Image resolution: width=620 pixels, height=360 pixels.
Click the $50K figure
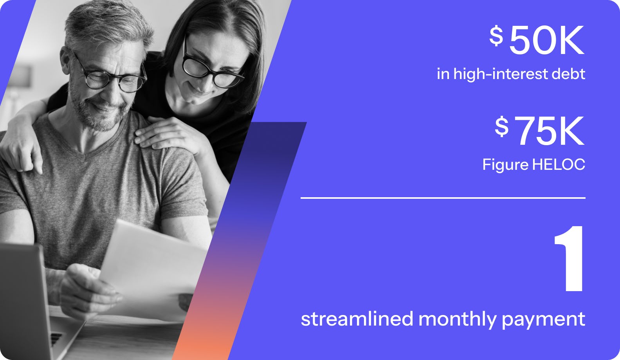click(x=537, y=40)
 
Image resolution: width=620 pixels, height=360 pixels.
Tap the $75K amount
click(x=540, y=131)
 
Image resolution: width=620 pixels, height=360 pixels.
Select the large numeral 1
click(x=569, y=259)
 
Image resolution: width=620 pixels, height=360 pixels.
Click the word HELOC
click(x=559, y=164)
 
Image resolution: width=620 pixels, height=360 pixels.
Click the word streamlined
click(x=357, y=319)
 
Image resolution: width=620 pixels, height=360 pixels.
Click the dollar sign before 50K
click(x=496, y=36)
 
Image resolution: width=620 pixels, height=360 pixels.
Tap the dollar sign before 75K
click(x=501, y=126)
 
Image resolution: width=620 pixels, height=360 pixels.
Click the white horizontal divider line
click(x=443, y=198)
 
